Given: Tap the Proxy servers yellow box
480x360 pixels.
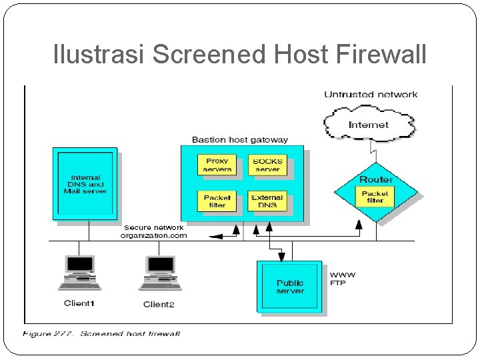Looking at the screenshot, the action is pyautogui.click(x=217, y=165).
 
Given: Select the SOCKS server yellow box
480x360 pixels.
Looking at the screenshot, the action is pyautogui.click(x=267, y=165).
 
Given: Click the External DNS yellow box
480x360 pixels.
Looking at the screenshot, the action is pyautogui.click(x=267, y=201).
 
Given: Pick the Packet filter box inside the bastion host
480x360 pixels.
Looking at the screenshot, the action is pyautogui.click(x=217, y=201).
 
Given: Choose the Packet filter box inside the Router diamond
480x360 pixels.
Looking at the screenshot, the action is pyautogui.click(x=375, y=197).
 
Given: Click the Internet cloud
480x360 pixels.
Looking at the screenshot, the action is pyautogui.click(x=369, y=124).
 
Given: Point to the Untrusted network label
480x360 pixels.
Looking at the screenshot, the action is pyautogui.click(x=371, y=94).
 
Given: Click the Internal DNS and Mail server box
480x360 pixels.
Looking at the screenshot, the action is pyautogui.click(x=85, y=184).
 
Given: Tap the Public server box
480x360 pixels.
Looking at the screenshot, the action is pyautogui.click(x=289, y=287).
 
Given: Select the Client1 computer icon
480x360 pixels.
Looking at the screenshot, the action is pyautogui.click(x=79, y=273).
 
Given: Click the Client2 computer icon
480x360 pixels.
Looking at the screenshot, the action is pyautogui.click(x=161, y=273).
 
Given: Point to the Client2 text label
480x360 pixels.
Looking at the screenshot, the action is pyautogui.click(x=159, y=304).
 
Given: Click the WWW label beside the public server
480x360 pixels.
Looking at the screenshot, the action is pyautogui.click(x=343, y=275).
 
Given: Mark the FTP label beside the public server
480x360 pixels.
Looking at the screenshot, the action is pyautogui.click(x=337, y=283).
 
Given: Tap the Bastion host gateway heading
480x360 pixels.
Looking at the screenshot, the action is pyautogui.click(x=240, y=140).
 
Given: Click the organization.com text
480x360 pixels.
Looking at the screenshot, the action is pyautogui.click(x=154, y=235).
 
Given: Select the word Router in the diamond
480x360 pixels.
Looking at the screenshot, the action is pyautogui.click(x=376, y=179).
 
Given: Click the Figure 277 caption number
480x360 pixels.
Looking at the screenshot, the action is pyautogui.click(x=64, y=333).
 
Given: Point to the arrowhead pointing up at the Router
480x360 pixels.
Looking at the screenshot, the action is pyautogui.click(x=359, y=225).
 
